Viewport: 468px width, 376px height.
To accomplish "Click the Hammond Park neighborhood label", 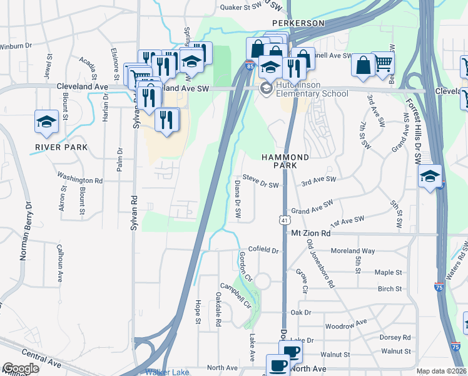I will [x=285, y=161].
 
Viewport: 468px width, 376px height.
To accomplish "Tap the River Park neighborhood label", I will [x=61, y=147].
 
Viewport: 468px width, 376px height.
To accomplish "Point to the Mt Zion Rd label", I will [x=320, y=233].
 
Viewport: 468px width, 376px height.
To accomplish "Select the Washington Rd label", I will [x=79, y=179].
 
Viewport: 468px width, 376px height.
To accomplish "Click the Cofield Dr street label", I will [x=263, y=250].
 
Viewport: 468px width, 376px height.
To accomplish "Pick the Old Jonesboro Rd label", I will [x=320, y=262].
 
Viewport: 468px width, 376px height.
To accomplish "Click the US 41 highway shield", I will [x=284, y=220].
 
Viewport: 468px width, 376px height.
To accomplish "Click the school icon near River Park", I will [x=46, y=122].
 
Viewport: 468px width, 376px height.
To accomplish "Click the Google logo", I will [x=21, y=368].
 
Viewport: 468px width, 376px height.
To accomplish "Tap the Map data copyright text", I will [x=442, y=371].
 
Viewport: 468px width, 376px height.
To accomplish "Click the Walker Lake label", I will [x=166, y=372].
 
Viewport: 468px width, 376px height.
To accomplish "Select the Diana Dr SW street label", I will [x=238, y=199].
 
